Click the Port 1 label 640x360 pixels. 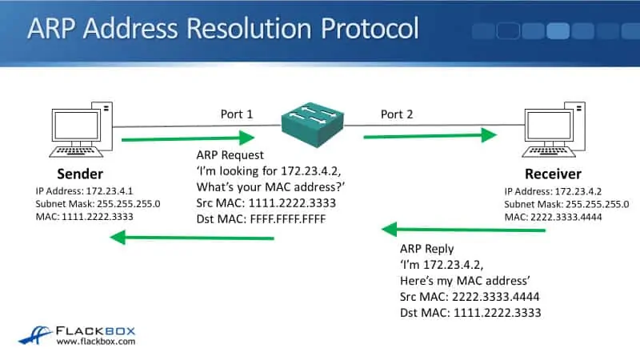[x=237, y=114]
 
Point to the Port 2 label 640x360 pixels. [x=397, y=114]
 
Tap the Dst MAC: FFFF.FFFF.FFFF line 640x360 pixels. [x=262, y=218]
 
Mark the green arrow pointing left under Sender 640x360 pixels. [x=192, y=238]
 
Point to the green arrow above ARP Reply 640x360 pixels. [x=464, y=230]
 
